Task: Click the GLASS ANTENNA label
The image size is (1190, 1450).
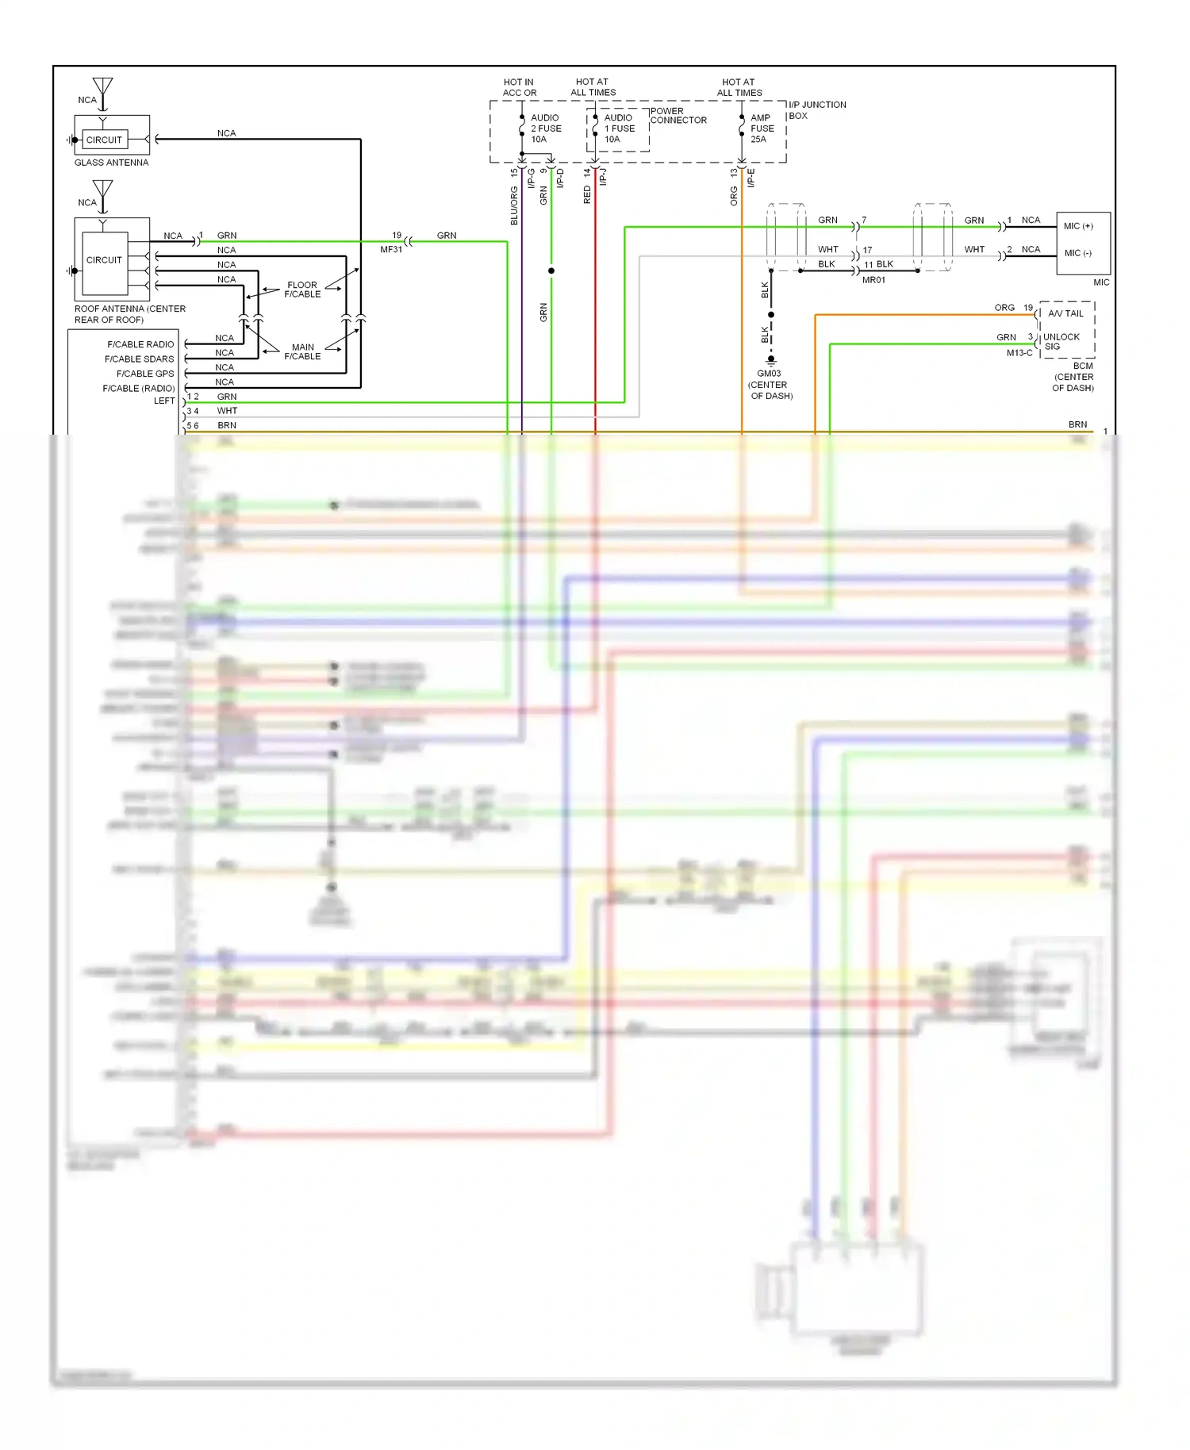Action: [111, 163]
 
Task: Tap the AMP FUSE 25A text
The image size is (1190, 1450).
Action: [762, 129]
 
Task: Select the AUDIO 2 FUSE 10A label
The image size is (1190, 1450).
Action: [546, 129]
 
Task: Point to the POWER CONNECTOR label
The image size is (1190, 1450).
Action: [678, 116]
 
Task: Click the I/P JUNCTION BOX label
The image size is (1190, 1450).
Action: [816, 110]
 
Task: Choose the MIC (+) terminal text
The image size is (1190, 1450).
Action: [1078, 226]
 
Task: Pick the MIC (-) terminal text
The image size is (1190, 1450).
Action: [1077, 253]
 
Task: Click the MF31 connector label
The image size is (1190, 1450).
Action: [391, 249]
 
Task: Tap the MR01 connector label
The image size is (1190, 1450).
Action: [873, 280]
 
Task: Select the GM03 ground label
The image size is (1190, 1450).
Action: [769, 374]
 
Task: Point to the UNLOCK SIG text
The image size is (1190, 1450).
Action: [1061, 342]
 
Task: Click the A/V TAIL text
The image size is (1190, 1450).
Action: [1065, 313]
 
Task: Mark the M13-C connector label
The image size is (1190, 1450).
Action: [1019, 353]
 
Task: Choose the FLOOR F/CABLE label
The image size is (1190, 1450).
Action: [302, 290]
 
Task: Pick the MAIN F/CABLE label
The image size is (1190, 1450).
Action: [302, 351]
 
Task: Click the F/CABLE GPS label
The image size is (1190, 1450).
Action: [144, 374]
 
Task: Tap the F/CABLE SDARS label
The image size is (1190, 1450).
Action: [139, 359]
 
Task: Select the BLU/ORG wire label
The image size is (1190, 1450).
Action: [514, 206]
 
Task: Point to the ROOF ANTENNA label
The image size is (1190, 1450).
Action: [129, 314]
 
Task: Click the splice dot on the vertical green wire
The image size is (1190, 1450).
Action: [551, 270]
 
